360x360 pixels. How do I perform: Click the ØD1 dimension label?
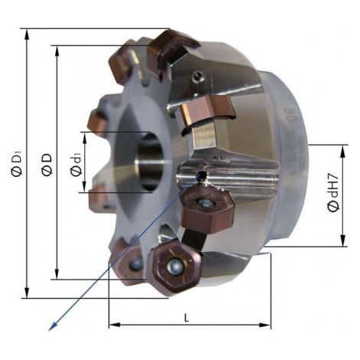coord(17,163)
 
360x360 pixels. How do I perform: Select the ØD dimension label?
coord(47,165)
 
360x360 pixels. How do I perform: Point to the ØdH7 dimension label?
coord(334,193)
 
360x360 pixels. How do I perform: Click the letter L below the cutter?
coord(187,318)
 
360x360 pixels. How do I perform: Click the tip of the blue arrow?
coord(49,330)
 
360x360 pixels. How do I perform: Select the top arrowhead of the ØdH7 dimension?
coord(343,151)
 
